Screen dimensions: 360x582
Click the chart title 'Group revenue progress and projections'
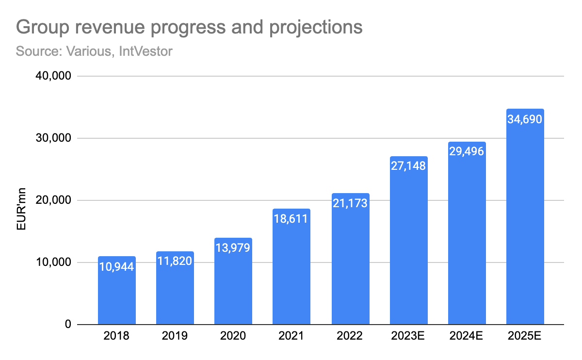pos(189,27)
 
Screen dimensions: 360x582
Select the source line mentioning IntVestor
pos(94,51)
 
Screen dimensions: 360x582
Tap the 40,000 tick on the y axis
pos(53,76)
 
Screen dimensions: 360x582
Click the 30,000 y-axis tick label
pos(53,138)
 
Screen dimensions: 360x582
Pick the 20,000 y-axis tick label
pos(53,200)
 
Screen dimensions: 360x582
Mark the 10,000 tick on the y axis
pos(53,262)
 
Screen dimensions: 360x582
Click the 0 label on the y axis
pos(68,325)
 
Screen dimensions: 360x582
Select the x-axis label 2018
pos(116,336)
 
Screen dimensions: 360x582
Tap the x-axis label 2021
pos(291,336)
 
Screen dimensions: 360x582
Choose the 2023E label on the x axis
pos(408,336)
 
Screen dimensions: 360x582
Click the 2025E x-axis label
pos(525,336)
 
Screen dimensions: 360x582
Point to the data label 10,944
pos(116,266)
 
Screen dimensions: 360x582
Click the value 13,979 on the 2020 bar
pos(233,248)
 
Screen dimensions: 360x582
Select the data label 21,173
pos(350,203)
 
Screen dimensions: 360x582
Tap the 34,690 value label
pos(525,119)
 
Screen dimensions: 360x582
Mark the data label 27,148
pos(408,166)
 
